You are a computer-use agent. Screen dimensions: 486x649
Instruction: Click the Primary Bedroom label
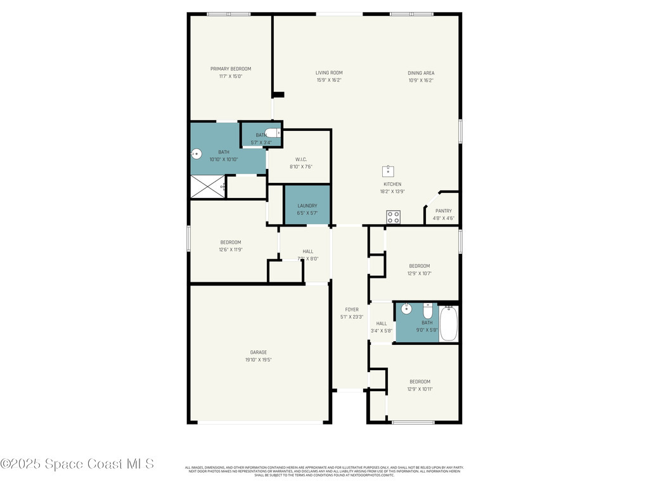click(x=231, y=69)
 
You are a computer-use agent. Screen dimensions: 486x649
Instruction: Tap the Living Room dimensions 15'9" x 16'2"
click(x=329, y=80)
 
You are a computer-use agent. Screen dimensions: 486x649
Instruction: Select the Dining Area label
click(x=421, y=73)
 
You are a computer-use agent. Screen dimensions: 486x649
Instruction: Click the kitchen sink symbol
click(x=388, y=171)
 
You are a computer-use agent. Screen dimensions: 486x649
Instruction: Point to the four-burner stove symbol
click(x=393, y=217)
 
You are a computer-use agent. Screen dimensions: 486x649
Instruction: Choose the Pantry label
click(x=444, y=211)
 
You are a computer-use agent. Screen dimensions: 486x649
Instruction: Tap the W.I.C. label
click(x=301, y=159)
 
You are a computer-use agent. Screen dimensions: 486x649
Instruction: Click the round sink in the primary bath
click(x=196, y=153)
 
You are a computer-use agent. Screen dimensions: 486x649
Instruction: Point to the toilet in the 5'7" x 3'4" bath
click(x=273, y=133)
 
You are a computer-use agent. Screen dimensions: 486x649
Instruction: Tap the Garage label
click(x=258, y=352)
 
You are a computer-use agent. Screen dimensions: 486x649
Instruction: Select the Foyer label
click(x=351, y=309)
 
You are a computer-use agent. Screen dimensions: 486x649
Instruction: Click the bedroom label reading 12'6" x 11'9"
click(x=231, y=250)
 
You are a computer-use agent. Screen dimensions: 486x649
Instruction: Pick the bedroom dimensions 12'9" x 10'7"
click(x=420, y=273)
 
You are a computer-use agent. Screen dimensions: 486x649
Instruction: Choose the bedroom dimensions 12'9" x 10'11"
click(x=420, y=389)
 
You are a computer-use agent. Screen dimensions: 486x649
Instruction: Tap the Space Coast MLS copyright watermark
click(x=77, y=464)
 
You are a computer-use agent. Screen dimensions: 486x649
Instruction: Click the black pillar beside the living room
click(x=278, y=95)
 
